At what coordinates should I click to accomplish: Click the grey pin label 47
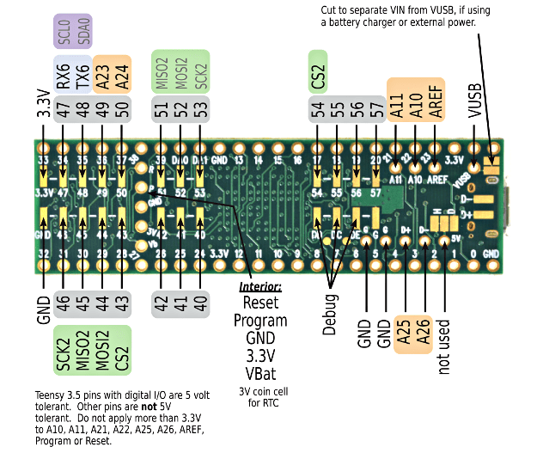62,109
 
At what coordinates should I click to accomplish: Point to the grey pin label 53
200,109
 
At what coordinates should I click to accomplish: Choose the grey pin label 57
375,109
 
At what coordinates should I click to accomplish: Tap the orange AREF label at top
436,97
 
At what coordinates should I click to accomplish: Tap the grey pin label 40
200,303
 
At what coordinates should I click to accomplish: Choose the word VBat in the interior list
260,373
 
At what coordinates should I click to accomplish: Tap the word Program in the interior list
260,320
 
